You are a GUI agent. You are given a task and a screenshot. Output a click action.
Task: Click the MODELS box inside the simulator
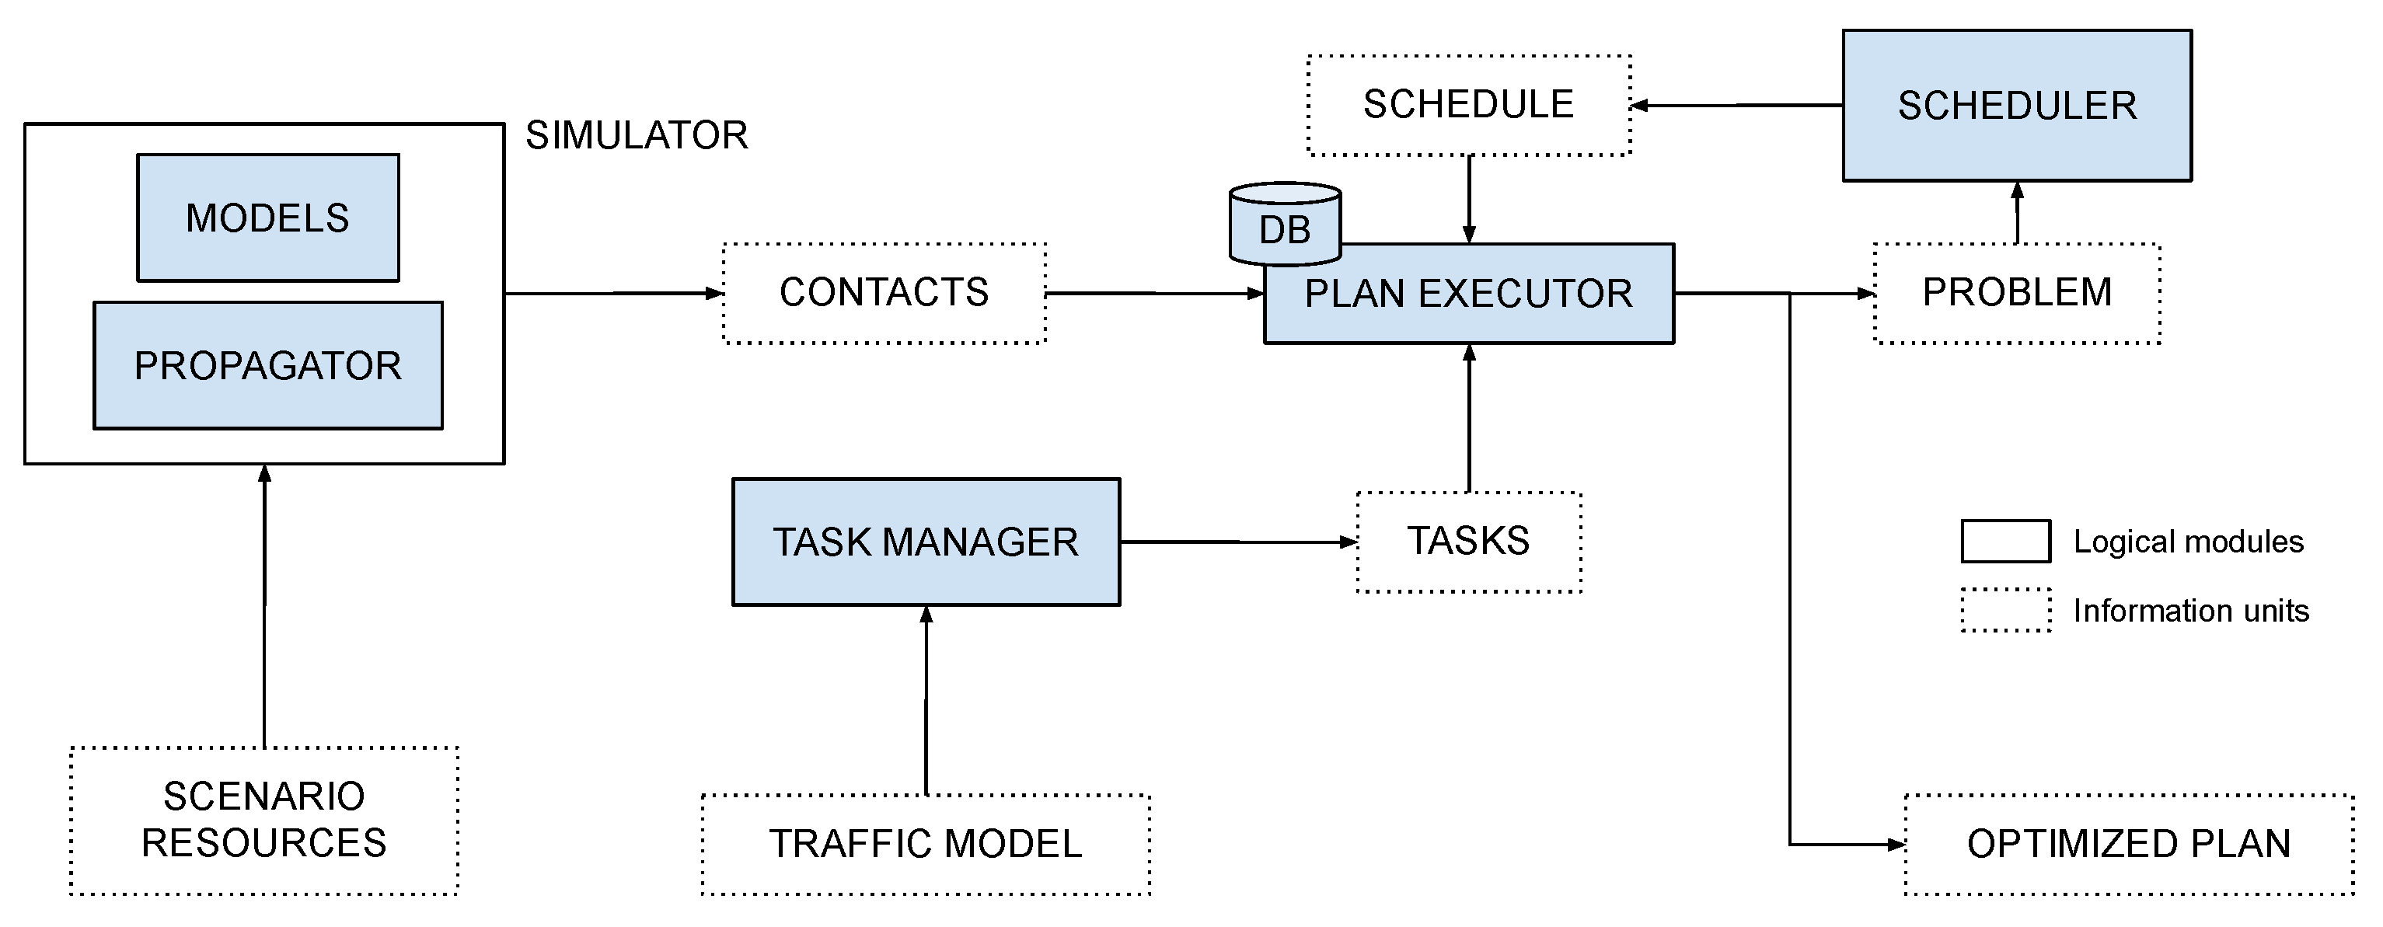pos(268,218)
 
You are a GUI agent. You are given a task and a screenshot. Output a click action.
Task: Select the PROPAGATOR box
pos(268,366)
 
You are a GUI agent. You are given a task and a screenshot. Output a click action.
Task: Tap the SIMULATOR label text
pos(637,136)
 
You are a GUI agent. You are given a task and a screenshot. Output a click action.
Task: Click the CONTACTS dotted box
pos(884,293)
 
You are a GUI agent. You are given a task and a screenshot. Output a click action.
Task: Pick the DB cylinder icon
pos(1285,225)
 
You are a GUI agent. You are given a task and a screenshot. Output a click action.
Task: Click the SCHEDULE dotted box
pos(1469,106)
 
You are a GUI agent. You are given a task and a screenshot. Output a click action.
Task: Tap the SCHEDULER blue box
pos(2017,106)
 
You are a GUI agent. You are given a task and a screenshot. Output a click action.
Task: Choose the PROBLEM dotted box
pos(2017,293)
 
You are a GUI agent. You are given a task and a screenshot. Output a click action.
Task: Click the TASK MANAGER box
pos(926,542)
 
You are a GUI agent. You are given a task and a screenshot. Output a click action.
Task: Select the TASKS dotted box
pos(1469,542)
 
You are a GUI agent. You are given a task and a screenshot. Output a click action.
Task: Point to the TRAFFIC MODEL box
pos(926,844)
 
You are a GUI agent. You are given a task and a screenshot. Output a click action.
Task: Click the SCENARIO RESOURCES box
pos(264,821)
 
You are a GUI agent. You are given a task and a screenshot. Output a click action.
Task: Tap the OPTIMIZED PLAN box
pos(2129,844)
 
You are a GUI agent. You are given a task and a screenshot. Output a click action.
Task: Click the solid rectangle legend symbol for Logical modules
pos(2005,542)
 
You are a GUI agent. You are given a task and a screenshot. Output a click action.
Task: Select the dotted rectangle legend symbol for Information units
pos(2005,611)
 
